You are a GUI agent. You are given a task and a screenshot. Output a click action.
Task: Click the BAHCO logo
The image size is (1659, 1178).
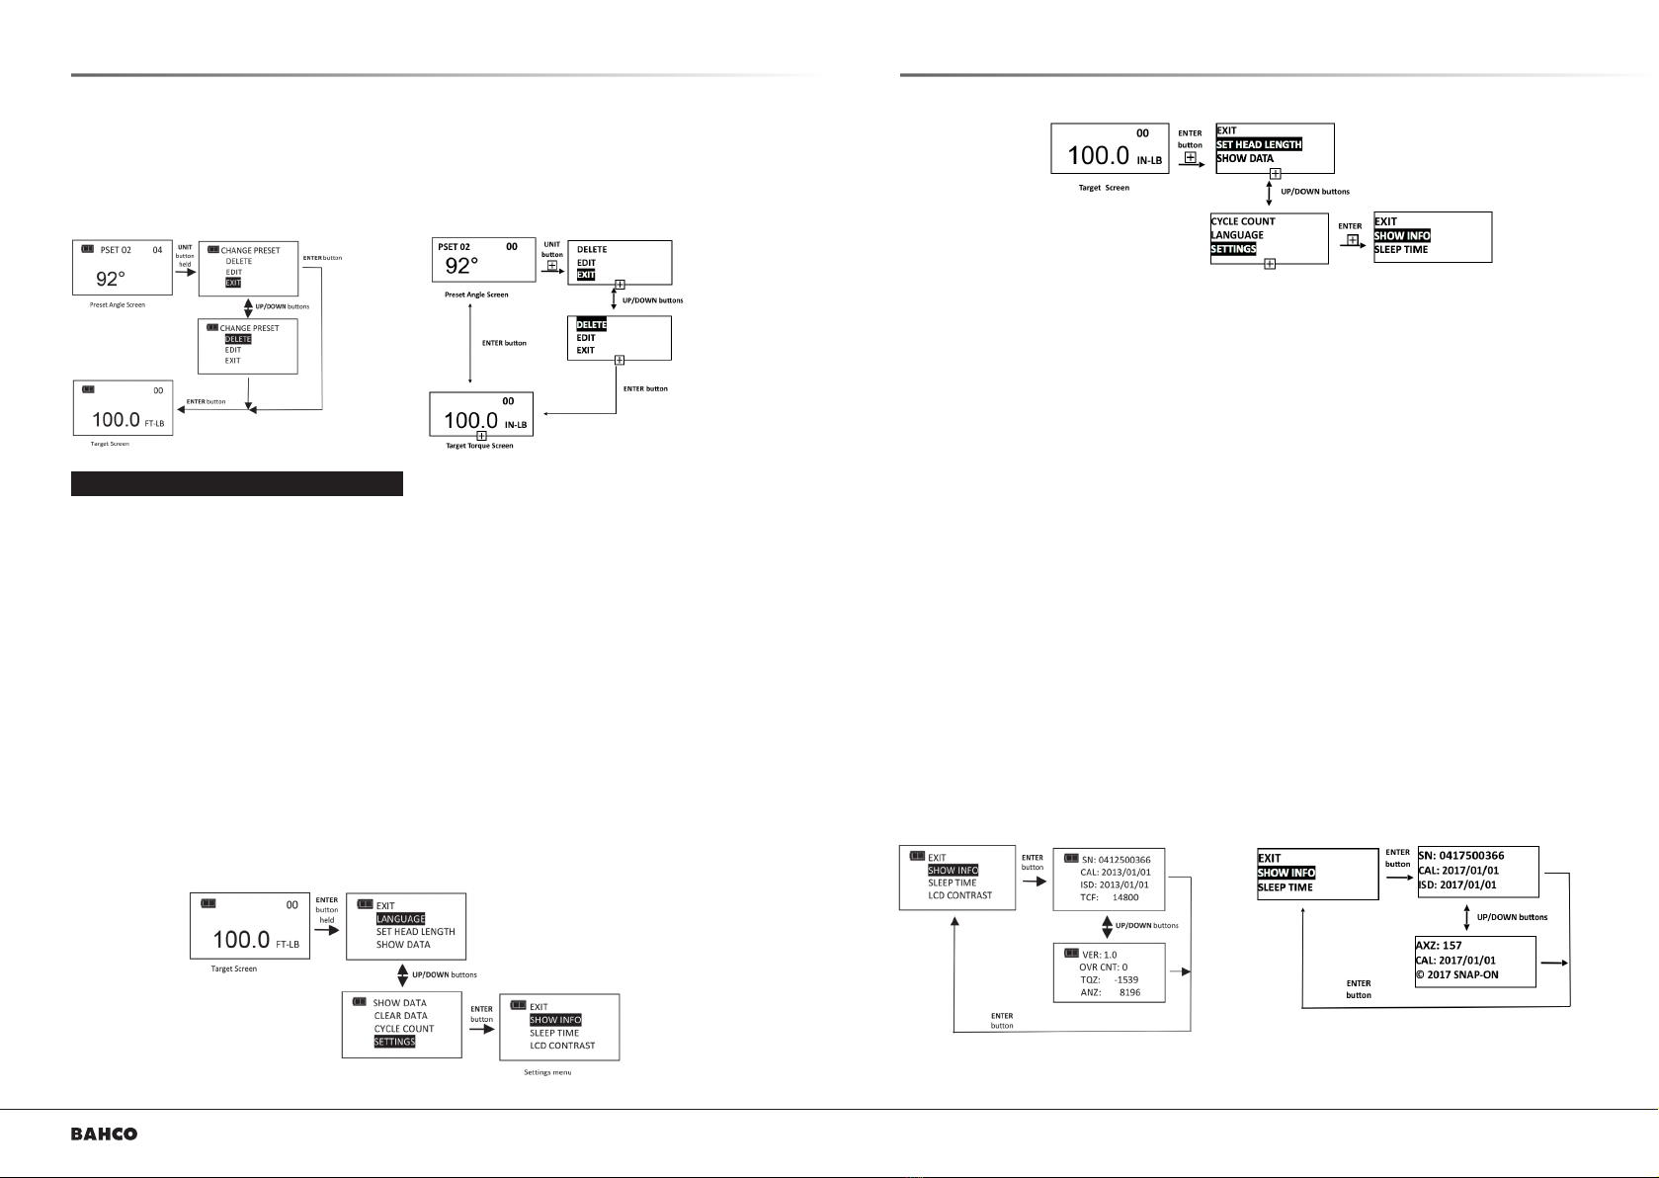105,1135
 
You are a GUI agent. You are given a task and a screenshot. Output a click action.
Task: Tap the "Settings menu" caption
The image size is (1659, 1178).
547,1072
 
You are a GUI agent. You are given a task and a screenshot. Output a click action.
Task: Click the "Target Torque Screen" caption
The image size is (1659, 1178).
479,446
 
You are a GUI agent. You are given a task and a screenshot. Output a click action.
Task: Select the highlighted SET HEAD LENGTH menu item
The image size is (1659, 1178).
1258,144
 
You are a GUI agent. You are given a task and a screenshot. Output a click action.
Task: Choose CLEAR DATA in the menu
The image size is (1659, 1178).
401,1016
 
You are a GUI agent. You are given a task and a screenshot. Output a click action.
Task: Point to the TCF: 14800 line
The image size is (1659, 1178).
1110,897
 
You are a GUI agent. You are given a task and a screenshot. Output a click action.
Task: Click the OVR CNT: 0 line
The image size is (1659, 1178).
1104,967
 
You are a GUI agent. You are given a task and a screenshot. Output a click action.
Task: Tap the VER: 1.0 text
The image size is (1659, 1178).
1099,955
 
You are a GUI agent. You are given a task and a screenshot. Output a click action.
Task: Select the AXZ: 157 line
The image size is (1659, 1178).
1439,946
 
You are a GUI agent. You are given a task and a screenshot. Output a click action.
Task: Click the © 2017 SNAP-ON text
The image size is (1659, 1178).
1456,974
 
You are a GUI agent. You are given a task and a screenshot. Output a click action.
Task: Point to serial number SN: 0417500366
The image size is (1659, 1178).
1461,855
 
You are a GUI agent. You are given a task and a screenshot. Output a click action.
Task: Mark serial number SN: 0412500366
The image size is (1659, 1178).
1117,860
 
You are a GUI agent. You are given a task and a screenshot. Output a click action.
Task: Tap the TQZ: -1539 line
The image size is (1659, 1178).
1110,979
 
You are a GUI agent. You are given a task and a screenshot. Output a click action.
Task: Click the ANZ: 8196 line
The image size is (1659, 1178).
1111,992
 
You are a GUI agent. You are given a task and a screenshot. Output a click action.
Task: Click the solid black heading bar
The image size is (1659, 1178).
237,483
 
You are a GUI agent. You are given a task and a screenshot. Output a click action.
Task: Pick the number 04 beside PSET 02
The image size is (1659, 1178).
157,250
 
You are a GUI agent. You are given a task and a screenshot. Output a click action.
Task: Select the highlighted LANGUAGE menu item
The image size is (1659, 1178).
401,919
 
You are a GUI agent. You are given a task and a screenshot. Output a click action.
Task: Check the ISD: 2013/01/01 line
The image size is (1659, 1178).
1115,884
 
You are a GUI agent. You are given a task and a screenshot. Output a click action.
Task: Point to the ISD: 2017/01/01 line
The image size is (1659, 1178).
1457,884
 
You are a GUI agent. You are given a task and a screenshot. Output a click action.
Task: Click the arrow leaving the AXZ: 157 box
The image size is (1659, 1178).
1554,964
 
